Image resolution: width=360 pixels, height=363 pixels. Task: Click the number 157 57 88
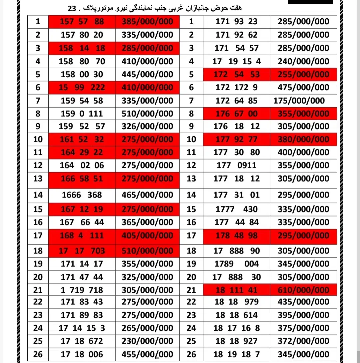tap(82, 22)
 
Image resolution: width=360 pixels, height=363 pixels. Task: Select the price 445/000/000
tap(147, 74)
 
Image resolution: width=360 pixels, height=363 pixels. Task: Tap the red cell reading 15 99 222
tap(82, 88)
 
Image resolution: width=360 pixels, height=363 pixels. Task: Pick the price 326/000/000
tap(147, 127)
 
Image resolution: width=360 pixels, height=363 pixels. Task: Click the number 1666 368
tap(82, 195)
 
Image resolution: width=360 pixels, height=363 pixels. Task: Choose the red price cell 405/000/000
tap(147, 236)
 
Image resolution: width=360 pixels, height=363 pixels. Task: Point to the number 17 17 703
tap(82, 251)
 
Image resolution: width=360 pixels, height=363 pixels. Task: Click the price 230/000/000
tap(147, 341)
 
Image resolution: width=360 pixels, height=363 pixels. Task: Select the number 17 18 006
tap(82, 354)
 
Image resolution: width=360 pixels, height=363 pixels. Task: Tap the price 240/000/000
tap(303, 61)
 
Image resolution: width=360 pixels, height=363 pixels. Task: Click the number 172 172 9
tap(237, 88)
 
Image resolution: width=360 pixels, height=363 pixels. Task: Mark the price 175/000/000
tap(299, 101)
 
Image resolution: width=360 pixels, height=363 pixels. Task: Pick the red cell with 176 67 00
tap(237, 114)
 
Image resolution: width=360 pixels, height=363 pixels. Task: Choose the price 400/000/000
tap(303, 153)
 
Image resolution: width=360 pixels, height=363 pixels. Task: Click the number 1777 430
tap(237, 209)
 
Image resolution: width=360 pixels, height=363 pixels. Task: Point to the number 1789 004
tap(237, 264)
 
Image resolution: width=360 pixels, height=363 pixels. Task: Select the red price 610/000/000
tap(303, 290)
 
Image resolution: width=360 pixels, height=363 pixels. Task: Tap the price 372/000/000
tap(303, 341)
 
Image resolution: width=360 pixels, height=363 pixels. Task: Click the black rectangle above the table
tap(310, 2)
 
